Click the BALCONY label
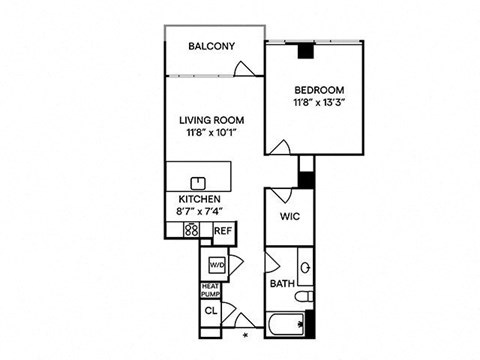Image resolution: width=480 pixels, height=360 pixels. (212, 46)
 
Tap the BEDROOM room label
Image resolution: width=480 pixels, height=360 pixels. (319, 90)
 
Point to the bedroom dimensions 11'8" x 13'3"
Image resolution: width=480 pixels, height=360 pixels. (319, 102)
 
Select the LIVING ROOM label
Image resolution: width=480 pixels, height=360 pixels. (212, 120)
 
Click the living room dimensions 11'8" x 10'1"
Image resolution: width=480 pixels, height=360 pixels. (212, 133)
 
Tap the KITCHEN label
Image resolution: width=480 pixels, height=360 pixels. (199, 199)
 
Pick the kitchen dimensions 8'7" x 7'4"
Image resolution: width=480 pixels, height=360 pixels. (199, 211)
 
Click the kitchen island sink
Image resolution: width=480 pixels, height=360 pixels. (198, 183)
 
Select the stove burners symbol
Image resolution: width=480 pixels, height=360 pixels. (192, 230)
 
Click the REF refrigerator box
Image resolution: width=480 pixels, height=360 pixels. (224, 231)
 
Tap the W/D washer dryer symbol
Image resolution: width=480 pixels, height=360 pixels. (217, 265)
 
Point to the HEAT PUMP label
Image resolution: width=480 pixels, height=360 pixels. (210, 290)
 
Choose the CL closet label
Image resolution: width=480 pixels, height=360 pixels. (211, 311)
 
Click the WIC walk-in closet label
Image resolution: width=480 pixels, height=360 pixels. (290, 216)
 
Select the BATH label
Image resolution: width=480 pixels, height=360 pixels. (282, 284)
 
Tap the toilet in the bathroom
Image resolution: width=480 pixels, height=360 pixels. (304, 296)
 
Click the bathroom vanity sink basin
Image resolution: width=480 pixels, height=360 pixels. (306, 267)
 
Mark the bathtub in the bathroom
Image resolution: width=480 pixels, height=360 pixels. (285, 324)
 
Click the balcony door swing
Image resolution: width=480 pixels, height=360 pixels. (245, 69)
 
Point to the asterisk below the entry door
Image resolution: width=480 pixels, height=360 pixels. (246, 335)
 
